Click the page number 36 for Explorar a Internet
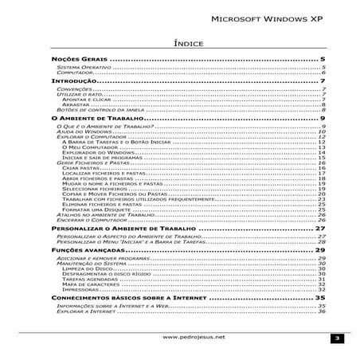pyautogui.click(x=323, y=312)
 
